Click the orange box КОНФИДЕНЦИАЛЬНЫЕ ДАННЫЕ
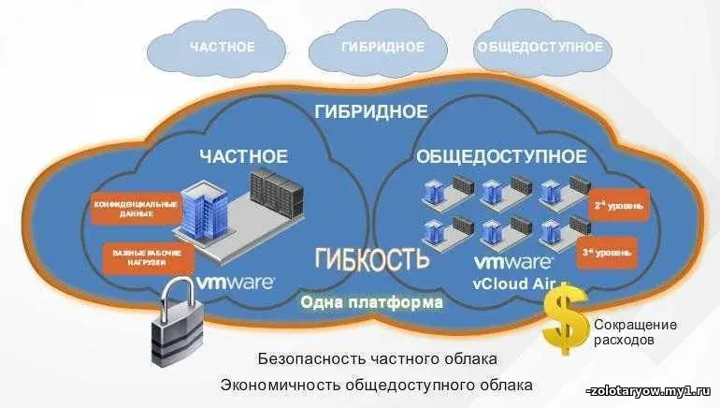tap(130, 209)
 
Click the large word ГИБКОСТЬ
tap(372, 259)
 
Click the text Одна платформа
tap(370, 303)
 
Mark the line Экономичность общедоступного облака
tap(377, 385)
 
